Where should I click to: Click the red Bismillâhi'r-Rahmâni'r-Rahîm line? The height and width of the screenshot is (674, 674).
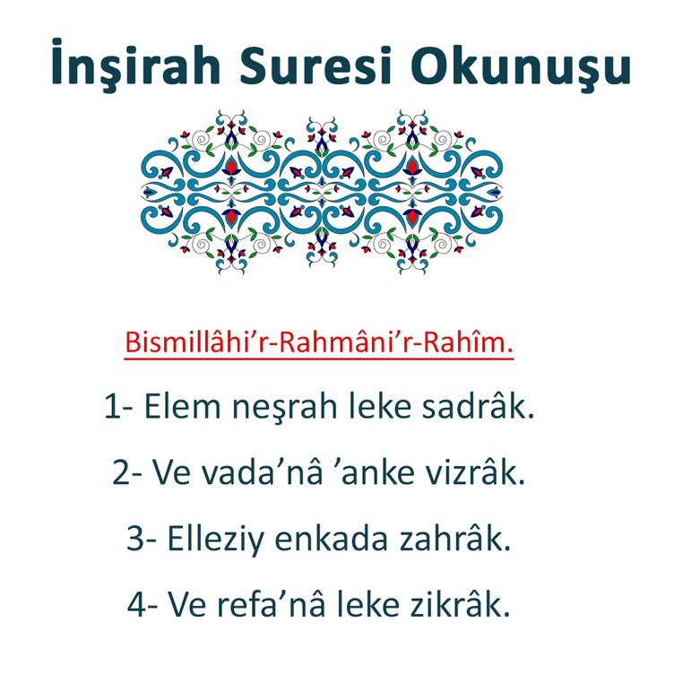click(x=319, y=342)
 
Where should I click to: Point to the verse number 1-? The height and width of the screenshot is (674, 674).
click(x=119, y=409)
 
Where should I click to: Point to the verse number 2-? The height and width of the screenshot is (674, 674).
click(x=128, y=473)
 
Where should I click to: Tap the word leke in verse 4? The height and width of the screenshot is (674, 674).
click(x=376, y=606)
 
